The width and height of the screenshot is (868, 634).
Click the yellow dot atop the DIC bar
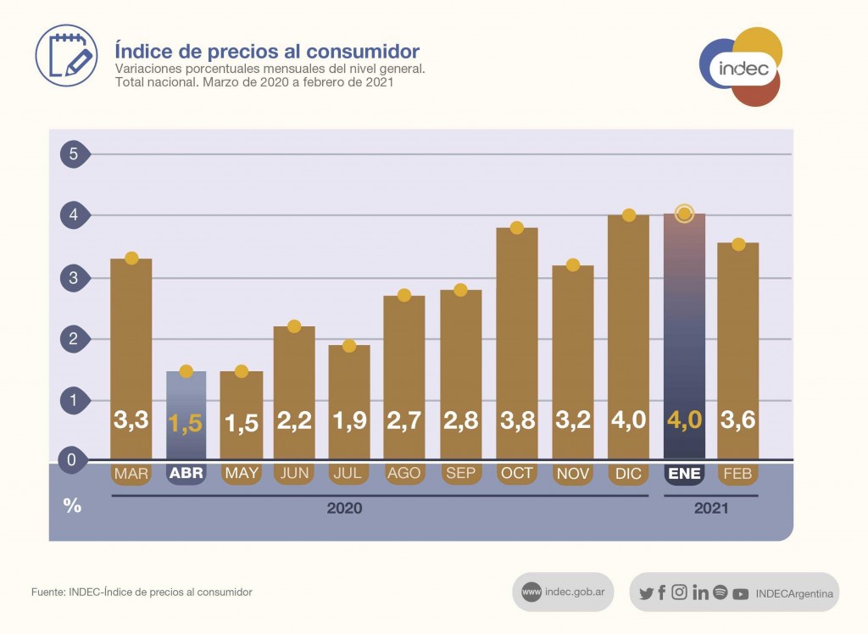[629, 215]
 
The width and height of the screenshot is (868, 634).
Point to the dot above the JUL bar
[349, 346]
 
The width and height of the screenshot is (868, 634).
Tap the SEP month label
[461, 474]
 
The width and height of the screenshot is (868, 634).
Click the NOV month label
[573, 474]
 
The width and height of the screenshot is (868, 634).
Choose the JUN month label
[294, 474]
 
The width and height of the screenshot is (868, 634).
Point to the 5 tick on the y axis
[74, 154]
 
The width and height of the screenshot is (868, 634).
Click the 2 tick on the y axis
[74, 339]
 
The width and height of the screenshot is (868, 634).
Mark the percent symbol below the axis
[73, 506]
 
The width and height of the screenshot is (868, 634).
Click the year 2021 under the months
[710, 509]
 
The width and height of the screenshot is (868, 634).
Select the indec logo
[741, 68]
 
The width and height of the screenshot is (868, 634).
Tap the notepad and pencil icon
[66, 55]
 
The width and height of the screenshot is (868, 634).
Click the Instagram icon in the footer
[679, 593]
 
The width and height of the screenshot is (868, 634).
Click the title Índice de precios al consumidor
[267, 51]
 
